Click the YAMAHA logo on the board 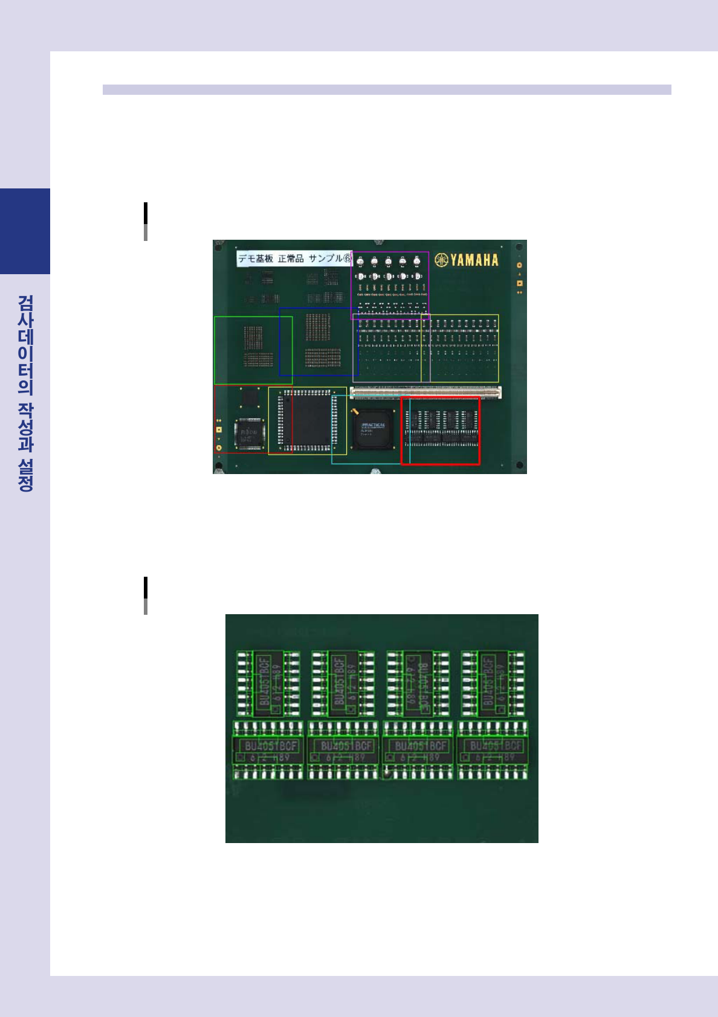[x=467, y=260]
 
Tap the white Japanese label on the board [x=294, y=258]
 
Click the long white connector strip [x=425, y=393]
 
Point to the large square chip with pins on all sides [x=307, y=420]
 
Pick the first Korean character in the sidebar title [x=25, y=303]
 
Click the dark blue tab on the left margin [x=25, y=231]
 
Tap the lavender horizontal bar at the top [x=387, y=89]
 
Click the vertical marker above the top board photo [x=146, y=221]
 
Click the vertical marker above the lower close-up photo [x=146, y=595]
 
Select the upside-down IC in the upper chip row [x=418, y=684]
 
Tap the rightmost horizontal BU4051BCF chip [x=493, y=749]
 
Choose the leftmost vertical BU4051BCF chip [x=268, y=684]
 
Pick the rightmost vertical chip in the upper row [x=493, y=684]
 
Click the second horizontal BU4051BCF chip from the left [x=343, y=749]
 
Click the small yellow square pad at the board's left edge [x=219, y=429]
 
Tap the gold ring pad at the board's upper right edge [x=519, y=265]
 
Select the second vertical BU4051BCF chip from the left [x=343, y=684]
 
